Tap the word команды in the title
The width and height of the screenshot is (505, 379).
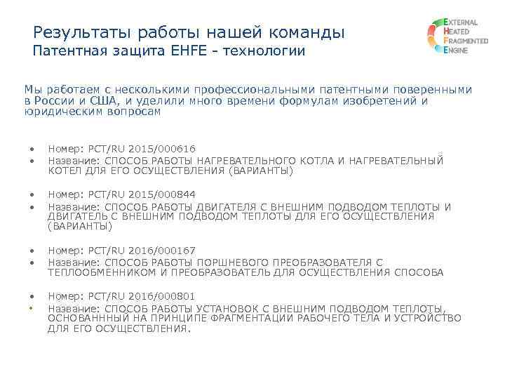coord(309,32)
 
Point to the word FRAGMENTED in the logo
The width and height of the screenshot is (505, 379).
coord(466,42)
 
